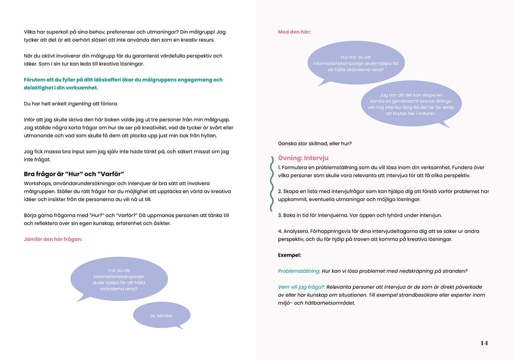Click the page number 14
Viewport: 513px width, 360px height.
484,343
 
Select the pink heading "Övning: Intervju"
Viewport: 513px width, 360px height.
303,158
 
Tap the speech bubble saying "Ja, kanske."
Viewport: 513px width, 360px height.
161,316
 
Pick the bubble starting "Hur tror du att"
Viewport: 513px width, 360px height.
356,63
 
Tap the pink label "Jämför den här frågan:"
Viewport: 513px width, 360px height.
53,239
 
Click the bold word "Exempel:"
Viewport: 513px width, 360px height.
289,255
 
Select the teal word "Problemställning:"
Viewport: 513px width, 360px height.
299,271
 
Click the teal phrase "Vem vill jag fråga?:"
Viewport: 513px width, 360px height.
301,287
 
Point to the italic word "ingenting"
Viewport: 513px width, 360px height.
80,103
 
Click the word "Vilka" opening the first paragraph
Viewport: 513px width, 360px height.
30,32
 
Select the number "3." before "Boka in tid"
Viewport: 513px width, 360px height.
280,215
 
